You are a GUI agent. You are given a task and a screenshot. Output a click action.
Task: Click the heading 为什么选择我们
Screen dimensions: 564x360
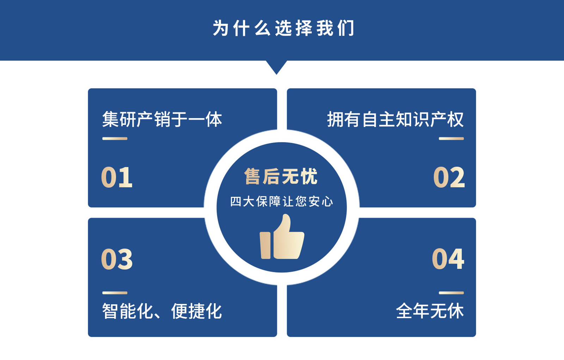pyautogui.click(x=283, y=28)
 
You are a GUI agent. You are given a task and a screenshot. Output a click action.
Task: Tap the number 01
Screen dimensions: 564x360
pyautogui.click(x=117, y=177)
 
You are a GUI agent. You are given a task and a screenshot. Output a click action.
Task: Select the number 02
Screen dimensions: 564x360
pyautogui.click(x=449, y=177)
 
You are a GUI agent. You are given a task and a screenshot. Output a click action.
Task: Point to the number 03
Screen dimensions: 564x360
pyautogui.click(x=117, y=259)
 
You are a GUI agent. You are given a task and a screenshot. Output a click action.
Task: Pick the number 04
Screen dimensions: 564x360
pyautogui.click(x=448, y=259)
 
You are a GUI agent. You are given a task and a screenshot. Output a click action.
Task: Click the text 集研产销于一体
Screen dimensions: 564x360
pyautogui.click(x=162, y=119)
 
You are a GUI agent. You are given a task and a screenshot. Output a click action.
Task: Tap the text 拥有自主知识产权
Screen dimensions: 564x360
pyautogui.click(x=395, y=119)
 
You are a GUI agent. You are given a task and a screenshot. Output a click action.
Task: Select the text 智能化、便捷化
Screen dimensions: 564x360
pyautogui.click(x=162, y=311)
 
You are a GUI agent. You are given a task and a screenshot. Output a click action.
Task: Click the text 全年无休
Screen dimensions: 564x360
pyautogui.click(x=430, y=311)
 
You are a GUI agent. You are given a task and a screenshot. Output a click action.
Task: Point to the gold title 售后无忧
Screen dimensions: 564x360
pyautogui.click(x=281, y=176)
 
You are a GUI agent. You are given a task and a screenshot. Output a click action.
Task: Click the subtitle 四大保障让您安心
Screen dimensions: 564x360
pyautogui.click(x=282, y=202)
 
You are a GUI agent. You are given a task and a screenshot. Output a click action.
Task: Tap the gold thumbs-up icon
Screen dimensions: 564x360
pyautogui.click(x=282, y=237)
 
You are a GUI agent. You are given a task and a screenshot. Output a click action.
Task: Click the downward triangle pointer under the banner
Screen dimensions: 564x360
pyautogui.click(x=276, y=67)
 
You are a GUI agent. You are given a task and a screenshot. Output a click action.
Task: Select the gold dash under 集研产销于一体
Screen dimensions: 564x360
pyautogui.click(x=115, y=139)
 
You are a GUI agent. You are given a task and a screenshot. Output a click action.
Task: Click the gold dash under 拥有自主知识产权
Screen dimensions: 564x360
pyautogui.click(x=451, y=139)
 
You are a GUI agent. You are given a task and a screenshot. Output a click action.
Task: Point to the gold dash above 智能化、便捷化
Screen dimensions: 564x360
pyautogui.click(x=115, y=293)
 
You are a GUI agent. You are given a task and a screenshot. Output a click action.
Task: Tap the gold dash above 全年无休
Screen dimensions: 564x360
pyautogui.click(x=451, y=293)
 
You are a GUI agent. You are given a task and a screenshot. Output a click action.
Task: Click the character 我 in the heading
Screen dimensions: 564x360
pyautogui.click(x=325, y=28)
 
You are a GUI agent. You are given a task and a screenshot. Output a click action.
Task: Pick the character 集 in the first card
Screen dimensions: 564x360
pyautogui.click(x=110, y=119)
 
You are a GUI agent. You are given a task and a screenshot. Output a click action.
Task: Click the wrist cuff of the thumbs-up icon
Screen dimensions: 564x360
pyautogui.click(x=265, y=245)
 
